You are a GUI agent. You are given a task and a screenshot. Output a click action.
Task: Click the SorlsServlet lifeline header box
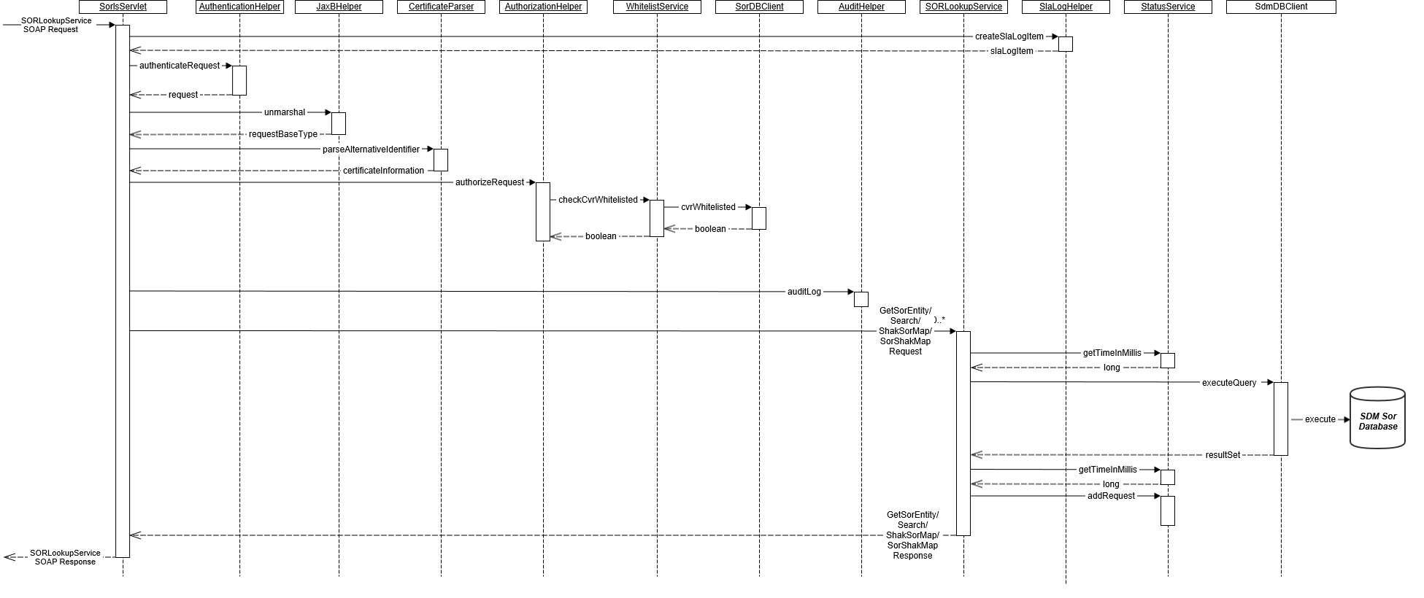pos(123,7)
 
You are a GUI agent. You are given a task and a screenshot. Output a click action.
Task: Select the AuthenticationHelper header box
pos(239,7)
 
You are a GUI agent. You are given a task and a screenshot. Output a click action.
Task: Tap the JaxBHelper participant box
pos(339,7)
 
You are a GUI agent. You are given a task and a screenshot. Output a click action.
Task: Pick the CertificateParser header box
pos(441,7)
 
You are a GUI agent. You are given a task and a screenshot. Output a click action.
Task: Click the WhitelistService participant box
pos(657,7)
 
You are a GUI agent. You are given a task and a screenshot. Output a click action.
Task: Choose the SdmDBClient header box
pos(1281,7)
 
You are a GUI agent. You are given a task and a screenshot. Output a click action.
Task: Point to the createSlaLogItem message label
pos(1009,36)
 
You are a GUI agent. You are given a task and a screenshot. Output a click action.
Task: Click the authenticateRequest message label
pos(180,66)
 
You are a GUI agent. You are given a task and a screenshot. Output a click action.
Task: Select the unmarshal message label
pos(285,112)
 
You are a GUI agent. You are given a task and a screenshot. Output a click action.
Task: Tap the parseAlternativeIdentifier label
pos(371,149)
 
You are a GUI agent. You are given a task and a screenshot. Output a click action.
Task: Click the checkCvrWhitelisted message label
pos(598,200)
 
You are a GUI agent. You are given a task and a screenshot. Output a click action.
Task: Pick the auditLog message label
pos(804,292)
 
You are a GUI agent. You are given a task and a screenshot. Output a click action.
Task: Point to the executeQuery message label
pos(1229,383)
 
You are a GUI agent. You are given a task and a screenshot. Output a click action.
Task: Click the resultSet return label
pos(1223,455)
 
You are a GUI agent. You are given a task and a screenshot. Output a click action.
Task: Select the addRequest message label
pos(1111,496)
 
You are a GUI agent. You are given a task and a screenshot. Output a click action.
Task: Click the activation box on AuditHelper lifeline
pos(861,299)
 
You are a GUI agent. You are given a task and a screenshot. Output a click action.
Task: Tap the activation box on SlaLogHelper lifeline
pos(1066,44)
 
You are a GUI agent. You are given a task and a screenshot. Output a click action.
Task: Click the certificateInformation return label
pos(383,171)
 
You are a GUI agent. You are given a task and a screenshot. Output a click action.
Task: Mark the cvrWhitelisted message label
pos(708,207)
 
